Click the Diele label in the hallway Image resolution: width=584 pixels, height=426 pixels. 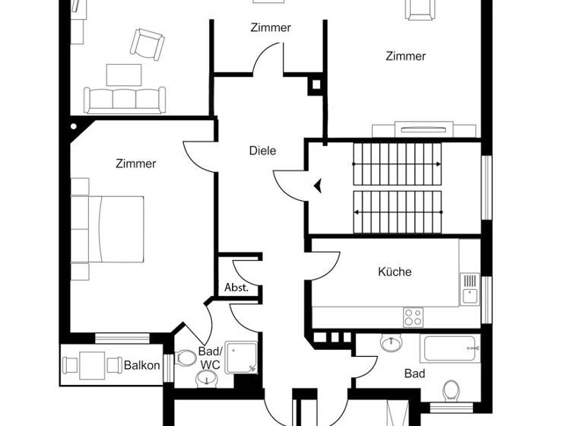point(262,151)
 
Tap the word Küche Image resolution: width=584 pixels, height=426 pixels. point(395,272)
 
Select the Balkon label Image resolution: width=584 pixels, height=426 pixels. point(142,366)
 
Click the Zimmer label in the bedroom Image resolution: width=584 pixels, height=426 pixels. point(136,164)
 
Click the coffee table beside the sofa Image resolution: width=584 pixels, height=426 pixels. point(124,75)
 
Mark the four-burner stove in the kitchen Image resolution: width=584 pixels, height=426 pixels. point(414,316)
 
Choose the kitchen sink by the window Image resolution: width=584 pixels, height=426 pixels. point(470,290)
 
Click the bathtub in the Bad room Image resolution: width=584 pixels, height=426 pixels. point(449,348)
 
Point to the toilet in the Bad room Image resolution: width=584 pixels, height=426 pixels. point(452,391)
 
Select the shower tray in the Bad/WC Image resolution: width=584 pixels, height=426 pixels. point(241,357)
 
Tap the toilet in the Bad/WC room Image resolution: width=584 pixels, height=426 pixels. point(186,358)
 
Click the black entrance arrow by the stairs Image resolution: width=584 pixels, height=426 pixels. point(318,184)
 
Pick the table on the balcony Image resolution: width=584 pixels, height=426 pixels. point(92,364)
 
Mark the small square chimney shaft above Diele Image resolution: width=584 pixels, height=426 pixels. point(315,85)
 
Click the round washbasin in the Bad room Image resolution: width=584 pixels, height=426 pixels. point(392,344)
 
